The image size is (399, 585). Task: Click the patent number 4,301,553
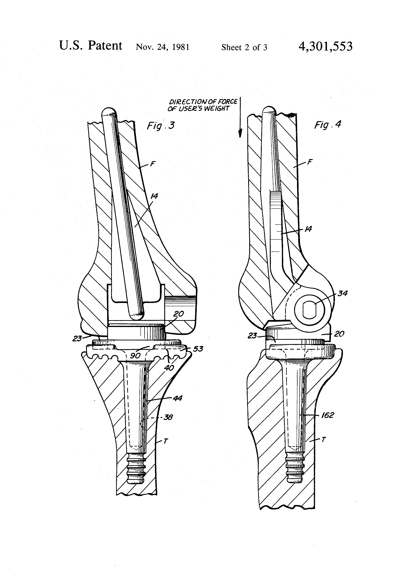pos(325,47)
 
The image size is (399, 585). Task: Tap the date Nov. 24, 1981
pos(163,47)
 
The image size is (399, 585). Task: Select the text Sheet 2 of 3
pos(244,47)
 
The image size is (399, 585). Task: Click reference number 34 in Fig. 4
pos(343,293)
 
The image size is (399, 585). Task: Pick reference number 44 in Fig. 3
pos(177,398)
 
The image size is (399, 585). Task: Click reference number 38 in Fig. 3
pos(168,417)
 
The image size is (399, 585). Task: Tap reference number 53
pos(198,349)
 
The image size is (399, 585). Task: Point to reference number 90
pos(135,356)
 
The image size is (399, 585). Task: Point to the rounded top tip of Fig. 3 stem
pos(109,112)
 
